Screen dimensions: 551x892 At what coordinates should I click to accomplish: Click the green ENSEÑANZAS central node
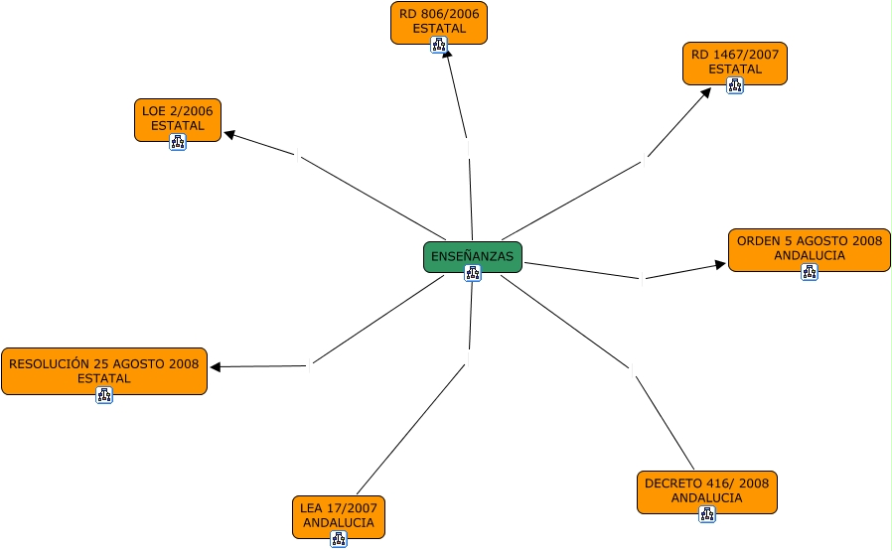coord(472,256)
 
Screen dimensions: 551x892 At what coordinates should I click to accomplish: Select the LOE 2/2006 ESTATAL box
coord(177,118)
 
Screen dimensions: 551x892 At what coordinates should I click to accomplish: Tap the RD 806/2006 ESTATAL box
coord(438,22)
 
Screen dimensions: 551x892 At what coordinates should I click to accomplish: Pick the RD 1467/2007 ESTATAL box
coord(734,62)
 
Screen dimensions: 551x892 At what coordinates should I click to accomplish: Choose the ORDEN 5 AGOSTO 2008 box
coord(809,248)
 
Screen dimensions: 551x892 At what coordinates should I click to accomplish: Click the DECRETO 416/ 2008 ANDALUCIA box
coord(706,490)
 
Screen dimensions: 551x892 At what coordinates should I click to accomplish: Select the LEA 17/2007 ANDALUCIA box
coord(338,515)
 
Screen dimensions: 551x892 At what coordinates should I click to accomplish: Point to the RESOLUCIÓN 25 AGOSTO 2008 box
coord(103,370)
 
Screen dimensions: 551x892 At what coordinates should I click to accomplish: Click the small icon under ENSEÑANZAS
coord(473,273)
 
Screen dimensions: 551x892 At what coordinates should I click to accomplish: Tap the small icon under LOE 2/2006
coord(178,142)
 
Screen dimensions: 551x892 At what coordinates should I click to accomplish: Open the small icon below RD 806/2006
coord(438,45)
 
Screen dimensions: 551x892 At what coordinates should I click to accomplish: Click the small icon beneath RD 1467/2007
coord(735,85)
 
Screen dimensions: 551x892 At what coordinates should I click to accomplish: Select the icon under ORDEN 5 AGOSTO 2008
coord(810,271)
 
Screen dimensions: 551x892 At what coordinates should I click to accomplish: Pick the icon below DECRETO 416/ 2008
coord(707,514)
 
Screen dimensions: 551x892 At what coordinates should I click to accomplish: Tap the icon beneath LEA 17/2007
coord(339,539)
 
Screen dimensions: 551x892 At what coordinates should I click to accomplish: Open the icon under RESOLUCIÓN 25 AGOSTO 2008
coord(104,394)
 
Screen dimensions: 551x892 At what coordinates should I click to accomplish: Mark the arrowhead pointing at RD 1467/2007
coord(706,92)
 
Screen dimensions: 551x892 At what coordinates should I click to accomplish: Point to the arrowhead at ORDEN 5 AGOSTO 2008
coord(721,265)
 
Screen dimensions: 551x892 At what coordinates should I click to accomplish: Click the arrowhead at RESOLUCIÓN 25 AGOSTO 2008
coord(215,367)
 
